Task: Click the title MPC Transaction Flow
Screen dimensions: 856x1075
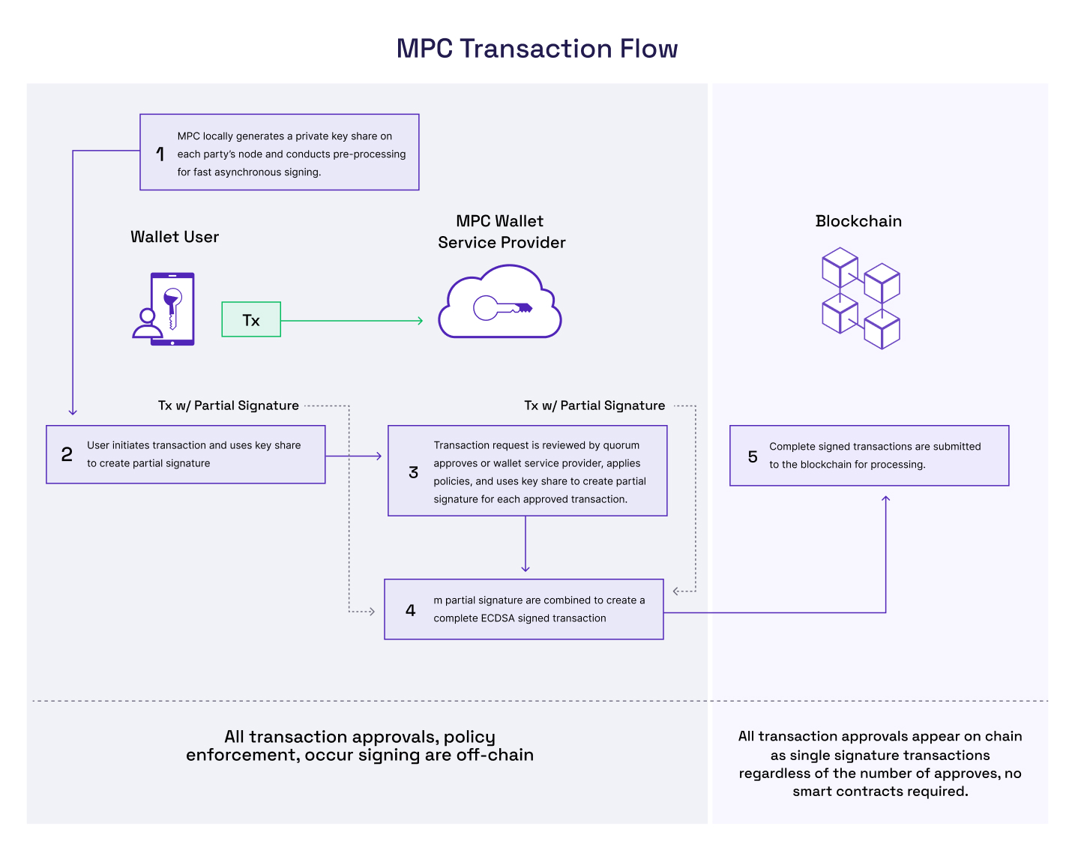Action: (537, 49)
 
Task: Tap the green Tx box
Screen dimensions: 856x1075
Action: (251, 320)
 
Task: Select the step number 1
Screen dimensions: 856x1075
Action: (160, 154)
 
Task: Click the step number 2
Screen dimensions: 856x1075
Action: (67, 455)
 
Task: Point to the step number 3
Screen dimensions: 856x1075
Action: (413, 472)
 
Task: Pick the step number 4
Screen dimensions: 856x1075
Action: (410, 610)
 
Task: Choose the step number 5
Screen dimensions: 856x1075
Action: (753, 456)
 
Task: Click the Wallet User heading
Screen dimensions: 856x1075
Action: (175, 237)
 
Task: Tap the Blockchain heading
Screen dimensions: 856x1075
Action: (858, 221)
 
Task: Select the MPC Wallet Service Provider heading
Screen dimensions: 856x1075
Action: (502, 232)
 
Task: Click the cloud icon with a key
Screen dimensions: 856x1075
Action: (500, 304)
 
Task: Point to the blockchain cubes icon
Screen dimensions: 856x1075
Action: (861, 298)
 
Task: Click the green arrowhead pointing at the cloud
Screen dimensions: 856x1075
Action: (420, 321)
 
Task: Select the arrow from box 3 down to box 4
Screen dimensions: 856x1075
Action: (526, 545)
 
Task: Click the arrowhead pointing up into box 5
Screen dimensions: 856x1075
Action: (885, 498)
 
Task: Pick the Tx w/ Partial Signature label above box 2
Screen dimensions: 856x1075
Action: (228, 406)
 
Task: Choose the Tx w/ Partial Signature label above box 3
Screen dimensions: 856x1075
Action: (594, 406)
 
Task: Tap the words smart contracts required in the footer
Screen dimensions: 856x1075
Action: (880, 792)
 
